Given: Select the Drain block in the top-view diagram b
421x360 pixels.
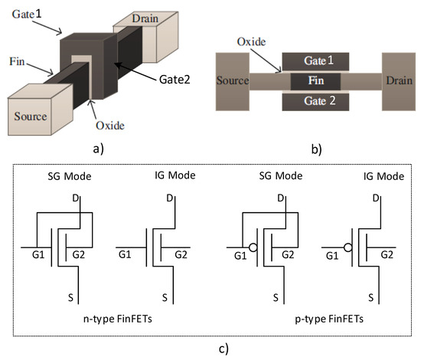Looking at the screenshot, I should point(400,80).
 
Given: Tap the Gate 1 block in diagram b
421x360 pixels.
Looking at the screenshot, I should point(317,61).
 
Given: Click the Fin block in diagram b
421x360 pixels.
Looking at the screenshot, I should point(317,80).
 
